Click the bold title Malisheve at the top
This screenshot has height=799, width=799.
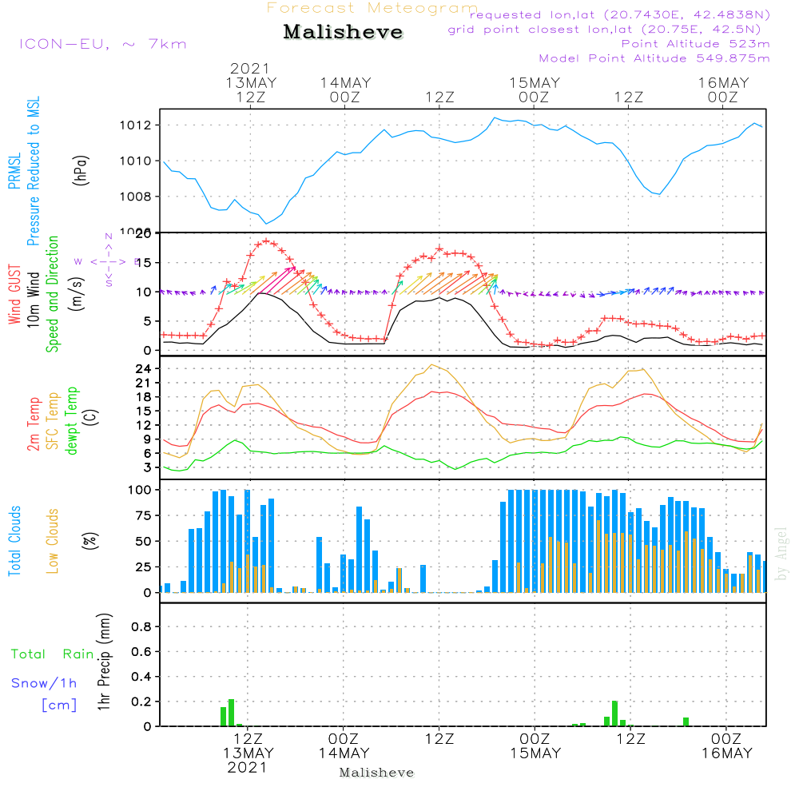[344, 33]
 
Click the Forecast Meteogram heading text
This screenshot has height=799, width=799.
[372, 8]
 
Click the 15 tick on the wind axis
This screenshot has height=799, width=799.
[145, 263]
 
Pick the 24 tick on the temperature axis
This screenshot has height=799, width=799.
[145, 368]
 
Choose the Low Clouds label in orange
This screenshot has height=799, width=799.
[54, 541]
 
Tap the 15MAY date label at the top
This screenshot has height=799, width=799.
[534, 83]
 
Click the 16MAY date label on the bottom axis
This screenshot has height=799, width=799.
[725, 753]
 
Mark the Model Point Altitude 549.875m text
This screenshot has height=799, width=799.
[654, 58]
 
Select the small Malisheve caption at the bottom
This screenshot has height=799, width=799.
[377, 773]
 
